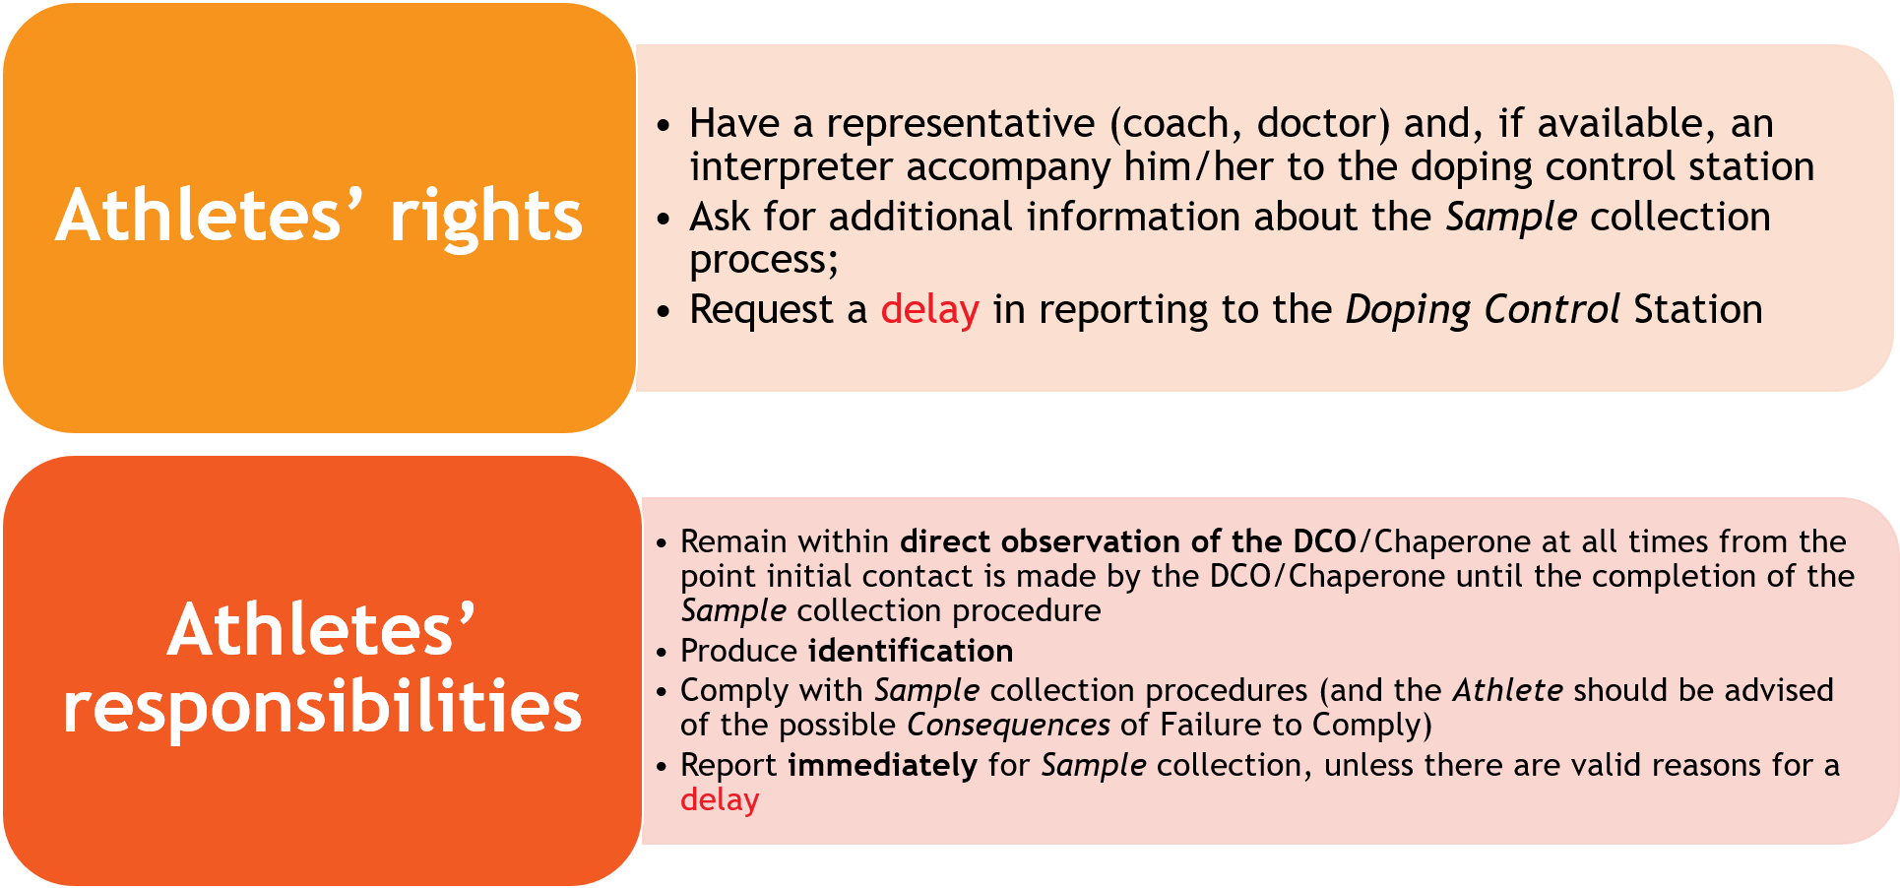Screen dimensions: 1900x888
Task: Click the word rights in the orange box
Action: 486,218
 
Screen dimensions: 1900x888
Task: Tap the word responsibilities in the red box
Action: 323,708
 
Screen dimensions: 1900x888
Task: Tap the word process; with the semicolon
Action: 764,261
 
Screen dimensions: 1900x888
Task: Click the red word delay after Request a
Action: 929,310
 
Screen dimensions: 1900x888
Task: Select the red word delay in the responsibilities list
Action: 720,799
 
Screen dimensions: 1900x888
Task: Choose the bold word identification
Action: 911,651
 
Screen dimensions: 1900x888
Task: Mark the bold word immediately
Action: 883,765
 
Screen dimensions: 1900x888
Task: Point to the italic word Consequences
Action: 1008,726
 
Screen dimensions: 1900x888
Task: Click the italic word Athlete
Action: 1508,690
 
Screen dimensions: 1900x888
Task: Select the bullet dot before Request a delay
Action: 665,312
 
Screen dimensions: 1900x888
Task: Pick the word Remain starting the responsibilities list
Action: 733,541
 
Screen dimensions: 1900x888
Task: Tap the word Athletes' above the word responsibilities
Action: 321,629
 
